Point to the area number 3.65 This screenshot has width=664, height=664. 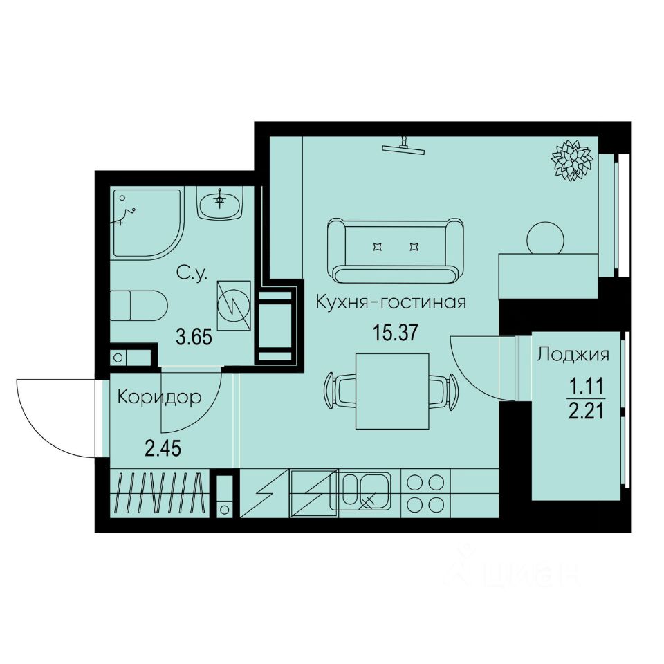193,338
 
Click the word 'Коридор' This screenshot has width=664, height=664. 159,398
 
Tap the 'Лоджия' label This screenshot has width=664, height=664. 573,355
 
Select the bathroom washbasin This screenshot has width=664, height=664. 221,203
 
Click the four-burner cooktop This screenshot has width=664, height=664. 425,493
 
